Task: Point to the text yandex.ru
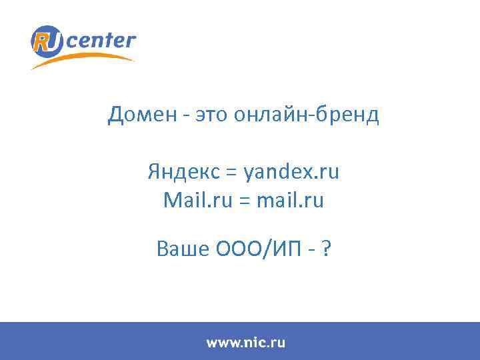point(291,173)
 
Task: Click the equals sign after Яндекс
point(231,173)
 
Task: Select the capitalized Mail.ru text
point(193,200)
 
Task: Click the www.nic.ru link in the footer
point(245,343)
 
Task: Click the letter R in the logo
point(41,41)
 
